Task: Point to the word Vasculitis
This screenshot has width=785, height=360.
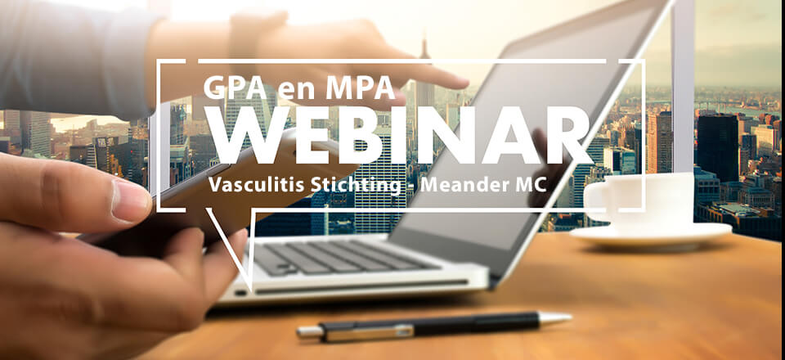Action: tap(253, 184)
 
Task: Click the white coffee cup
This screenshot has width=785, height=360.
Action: tap(639, 200)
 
